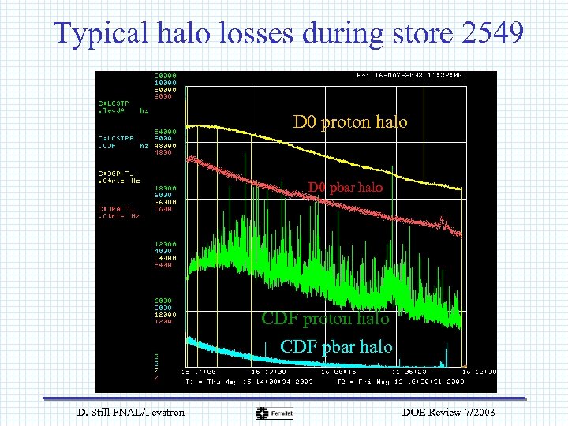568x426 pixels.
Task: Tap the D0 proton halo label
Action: click(350, 121)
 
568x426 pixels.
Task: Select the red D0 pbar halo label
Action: click(345, 188)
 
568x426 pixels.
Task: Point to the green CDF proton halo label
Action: click(325, 319)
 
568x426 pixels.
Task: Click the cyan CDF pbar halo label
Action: click(336, 346)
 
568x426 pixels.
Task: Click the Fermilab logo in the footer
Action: click(274, 413)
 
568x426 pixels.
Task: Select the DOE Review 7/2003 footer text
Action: click(447, 413)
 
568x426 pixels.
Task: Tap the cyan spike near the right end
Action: click(446, 355)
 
